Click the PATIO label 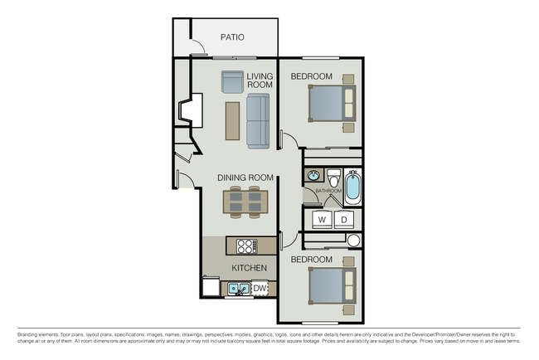click(x=231, y=37)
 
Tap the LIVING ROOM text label click(x=260, y=81)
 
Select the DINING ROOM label click(x=245, y=178)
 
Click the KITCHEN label click(x=249, y=268)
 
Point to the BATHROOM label click(x=328, y=192)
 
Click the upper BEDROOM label click(x=311, y=77)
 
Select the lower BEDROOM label click(x=311, y=260)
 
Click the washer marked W click(x=322, y=219)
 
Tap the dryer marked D click(x=343, y=219)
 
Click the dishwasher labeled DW click(x=260, y=288)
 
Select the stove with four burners click(x=247, y=246)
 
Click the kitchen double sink click(x=240, y=289)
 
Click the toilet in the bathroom click(x=333, y=178)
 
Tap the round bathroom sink click(x=314, y=176)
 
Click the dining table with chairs click(x=245, y=202)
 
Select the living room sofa click(x=259, y=121)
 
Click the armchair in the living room click(x=232, y=81)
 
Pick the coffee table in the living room click(x=232, y=121)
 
